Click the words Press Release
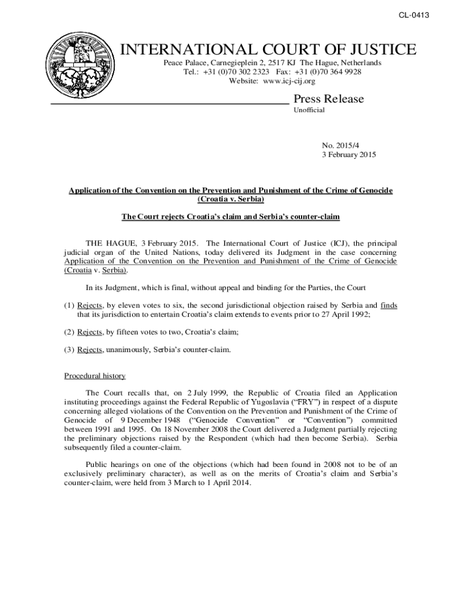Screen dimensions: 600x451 point(328,98)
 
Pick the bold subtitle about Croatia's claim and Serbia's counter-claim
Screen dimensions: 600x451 point(230,217)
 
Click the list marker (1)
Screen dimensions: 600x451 point(69,305)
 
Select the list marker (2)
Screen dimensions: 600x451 point(69,332)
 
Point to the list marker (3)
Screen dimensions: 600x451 point(69,350)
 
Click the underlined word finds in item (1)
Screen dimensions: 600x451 point(388,305)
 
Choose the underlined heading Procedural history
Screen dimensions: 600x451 point(94,376)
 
